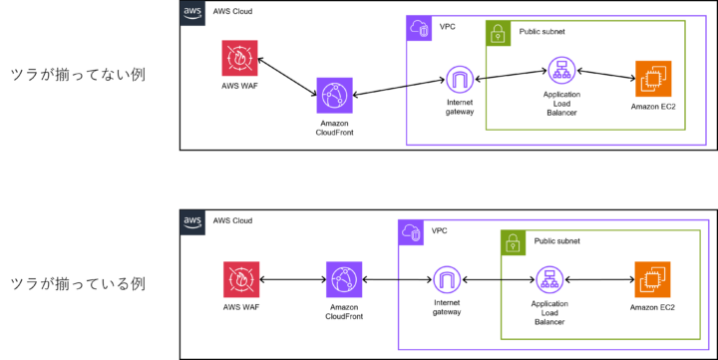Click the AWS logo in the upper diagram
click(x=192, y=13)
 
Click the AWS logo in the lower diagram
click(x=192, y=222)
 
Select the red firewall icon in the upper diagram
click(x=239, y=58)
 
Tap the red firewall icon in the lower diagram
click(x=240, y=279)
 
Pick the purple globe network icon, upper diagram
click(x=334, y=95)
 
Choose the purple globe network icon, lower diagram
click(x=343, y=279)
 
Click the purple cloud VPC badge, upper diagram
click(x=419, y=28)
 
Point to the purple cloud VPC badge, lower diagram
click(x=411, y=232)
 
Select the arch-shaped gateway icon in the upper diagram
click(x=460, y=79)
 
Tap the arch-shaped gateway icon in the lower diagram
click(x=447, y=279)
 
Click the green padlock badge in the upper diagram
click(x=498, y=33)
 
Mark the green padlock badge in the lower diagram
click(x=513, y=242)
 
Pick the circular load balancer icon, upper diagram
click(x=561, y=70)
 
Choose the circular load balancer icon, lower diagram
click(x=549, y=279)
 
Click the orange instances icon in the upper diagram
click(x=653, y=79)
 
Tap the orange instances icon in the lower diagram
click(x=652, y=279)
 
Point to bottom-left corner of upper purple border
click(x=406, y=145)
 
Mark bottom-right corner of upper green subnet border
click(x=685, y=130)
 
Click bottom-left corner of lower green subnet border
click(x=501, y=339)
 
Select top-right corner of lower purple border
click(x=708, y=220)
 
